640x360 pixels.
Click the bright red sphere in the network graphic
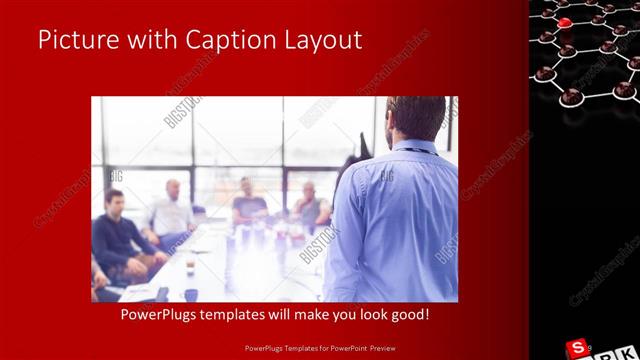click(565, 23)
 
